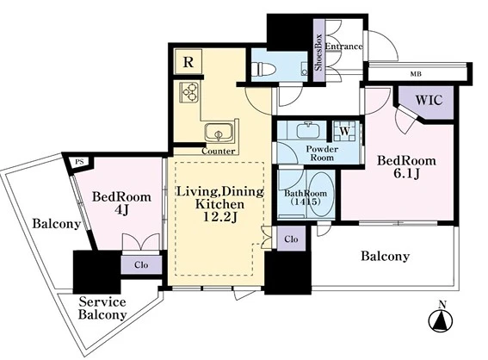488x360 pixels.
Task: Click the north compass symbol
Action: [441, 319]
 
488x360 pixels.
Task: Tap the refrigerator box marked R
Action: [188, 62]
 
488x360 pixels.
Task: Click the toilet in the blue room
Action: [264, 69]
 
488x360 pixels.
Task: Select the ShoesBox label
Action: [318, 52]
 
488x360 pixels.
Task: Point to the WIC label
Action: [429, 100]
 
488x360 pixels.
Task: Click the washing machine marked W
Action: [344, 131]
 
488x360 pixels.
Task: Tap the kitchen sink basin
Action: [219, 133]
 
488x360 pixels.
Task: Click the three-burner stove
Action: [189, 92]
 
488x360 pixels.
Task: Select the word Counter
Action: [218, 152]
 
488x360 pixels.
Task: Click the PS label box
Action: [80, 163]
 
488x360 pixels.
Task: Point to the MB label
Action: [416, 74]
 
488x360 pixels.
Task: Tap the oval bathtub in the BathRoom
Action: [322, 194]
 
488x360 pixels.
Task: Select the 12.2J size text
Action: [220, 217]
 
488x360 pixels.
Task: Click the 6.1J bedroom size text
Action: [407, 174]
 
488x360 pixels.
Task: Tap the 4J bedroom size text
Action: [121, 210]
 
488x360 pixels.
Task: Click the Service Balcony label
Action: [102, 308]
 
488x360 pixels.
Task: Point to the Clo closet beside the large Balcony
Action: [291, 239]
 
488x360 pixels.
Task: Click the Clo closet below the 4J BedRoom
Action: [141, 265]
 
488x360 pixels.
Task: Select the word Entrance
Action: [343, 47]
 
